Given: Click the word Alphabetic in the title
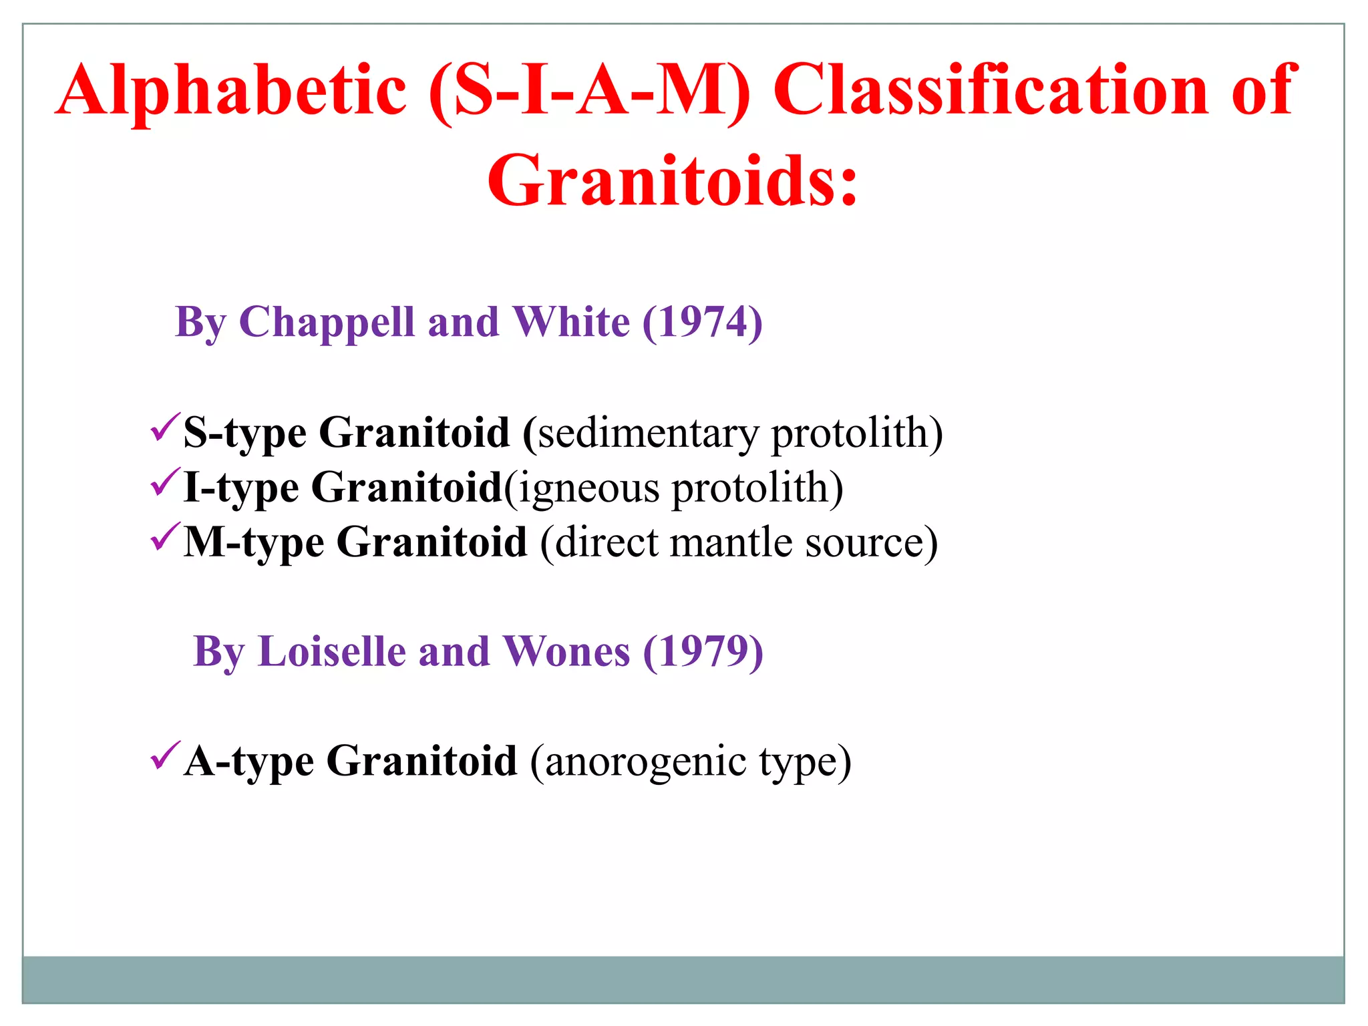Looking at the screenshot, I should click(x=231, y=91).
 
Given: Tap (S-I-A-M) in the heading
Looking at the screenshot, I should click(x=589, y=91).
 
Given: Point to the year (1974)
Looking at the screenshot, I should click(x=703, y=323).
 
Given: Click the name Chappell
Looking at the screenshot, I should click(x=327, y=323).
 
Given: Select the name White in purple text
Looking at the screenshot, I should click(x=571, y=323).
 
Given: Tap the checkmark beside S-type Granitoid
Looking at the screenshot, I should click(x=164, y=427).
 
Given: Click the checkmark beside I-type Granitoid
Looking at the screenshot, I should click(x=164, y=482).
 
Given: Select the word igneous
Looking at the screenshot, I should click(x=588, y=488).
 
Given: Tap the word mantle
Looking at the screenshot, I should click(x=731, y=542).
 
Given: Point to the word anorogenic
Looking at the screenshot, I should click(x=645, y=761).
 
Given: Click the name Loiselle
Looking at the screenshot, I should click(x=332, y=652).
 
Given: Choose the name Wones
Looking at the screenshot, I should click(x=566, y=652).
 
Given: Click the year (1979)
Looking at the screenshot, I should click(x=703, y=652).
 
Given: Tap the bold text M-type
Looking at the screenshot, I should click(x=254, y=542).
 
